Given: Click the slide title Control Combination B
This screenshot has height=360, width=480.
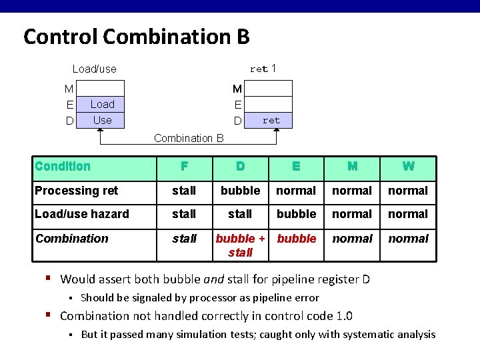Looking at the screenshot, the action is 136,36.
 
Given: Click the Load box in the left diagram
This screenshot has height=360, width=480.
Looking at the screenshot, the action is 102,104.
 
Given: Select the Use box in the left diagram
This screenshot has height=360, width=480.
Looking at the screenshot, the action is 102,120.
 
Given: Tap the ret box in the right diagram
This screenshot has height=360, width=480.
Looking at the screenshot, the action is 271,120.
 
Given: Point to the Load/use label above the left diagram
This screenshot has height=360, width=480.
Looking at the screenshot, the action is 94,69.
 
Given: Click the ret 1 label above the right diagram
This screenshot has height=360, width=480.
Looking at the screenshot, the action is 263,69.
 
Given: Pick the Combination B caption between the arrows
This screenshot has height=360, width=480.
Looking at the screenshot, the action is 189,139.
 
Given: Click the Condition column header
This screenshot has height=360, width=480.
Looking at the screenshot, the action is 63,166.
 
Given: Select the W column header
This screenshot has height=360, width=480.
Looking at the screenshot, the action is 408,167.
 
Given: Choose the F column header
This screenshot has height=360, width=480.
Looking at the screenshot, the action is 184,167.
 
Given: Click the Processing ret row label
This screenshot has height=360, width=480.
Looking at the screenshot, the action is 76,191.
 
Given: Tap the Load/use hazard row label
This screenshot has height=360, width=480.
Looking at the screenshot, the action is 82,214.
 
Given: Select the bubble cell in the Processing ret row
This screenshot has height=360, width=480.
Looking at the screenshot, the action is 240,191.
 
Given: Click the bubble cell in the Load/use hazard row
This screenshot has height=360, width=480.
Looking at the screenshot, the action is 296,214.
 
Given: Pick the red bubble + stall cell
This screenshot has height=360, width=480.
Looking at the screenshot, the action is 240,245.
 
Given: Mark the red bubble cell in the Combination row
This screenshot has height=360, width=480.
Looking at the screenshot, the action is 296,238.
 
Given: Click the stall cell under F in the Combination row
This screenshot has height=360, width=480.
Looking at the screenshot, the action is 184,238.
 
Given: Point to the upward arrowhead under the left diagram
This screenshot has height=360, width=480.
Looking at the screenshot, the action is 101,133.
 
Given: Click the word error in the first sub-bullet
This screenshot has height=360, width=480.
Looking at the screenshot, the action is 306,298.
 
